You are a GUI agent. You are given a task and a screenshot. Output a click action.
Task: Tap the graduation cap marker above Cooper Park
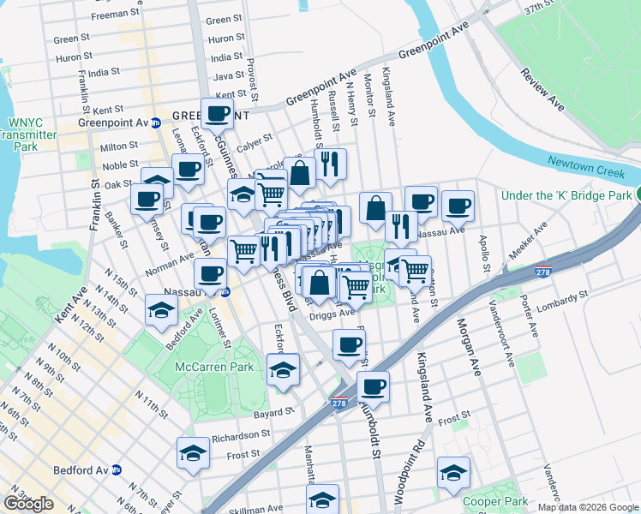(x=453, y=472)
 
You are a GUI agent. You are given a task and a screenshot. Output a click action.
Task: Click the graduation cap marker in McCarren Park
(x=283, y=370)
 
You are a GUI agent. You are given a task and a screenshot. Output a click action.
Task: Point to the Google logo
(x=28, y=504)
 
